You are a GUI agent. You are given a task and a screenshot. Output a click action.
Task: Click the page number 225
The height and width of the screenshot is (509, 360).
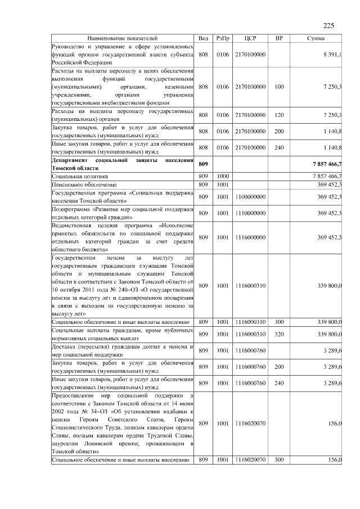tap(329, 25)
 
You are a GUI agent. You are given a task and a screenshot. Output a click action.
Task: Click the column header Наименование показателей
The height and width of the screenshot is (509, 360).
tap(122, 38)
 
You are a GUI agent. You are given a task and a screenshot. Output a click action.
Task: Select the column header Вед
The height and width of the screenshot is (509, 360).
tap(204, 38)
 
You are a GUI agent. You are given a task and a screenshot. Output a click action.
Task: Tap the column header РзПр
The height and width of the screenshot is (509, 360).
tap(223, 38)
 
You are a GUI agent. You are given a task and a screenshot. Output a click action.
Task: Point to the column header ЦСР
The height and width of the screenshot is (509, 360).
tap(251, 38)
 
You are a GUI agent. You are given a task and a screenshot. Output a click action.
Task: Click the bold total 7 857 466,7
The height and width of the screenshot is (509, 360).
tap(325, 164)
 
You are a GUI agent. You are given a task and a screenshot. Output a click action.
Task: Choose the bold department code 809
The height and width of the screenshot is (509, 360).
tap(204, 164)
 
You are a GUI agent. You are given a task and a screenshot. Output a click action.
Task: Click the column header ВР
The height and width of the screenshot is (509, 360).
tap(279, 38)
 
